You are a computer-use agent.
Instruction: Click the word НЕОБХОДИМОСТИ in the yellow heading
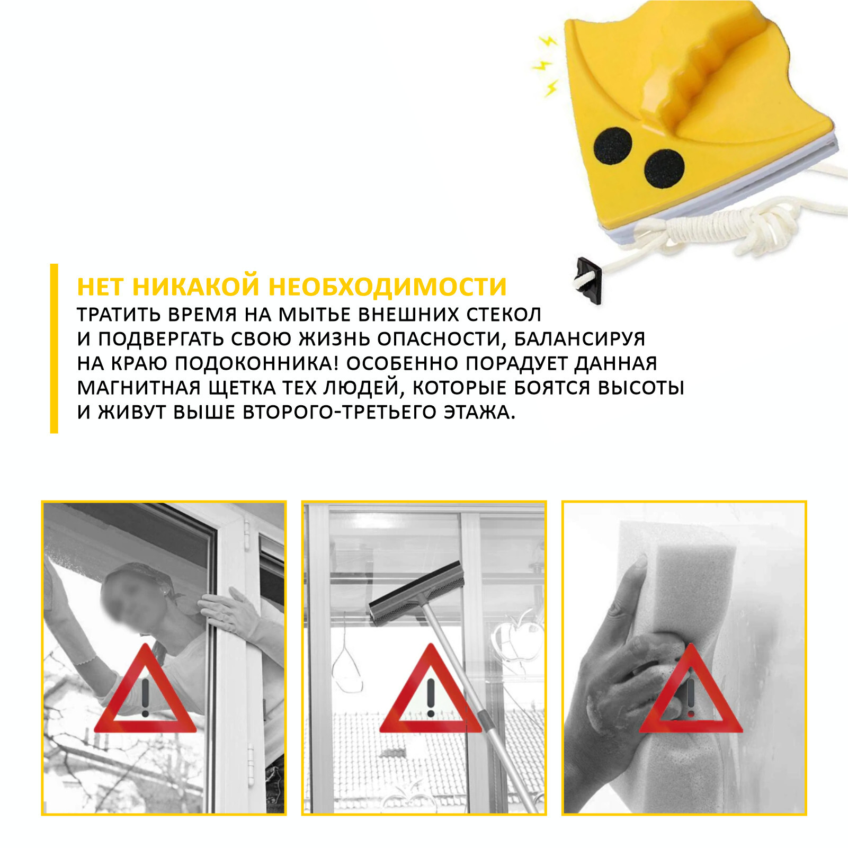tap(388, 287)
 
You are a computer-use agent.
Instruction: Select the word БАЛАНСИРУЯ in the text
tap(580, 339)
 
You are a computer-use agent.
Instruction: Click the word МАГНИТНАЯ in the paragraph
tap(139, 388)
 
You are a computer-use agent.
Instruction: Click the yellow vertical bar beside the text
tap(54, 349)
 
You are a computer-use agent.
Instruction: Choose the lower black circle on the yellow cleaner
tap(664, 168)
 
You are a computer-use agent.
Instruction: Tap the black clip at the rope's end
tap(588, 279)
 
